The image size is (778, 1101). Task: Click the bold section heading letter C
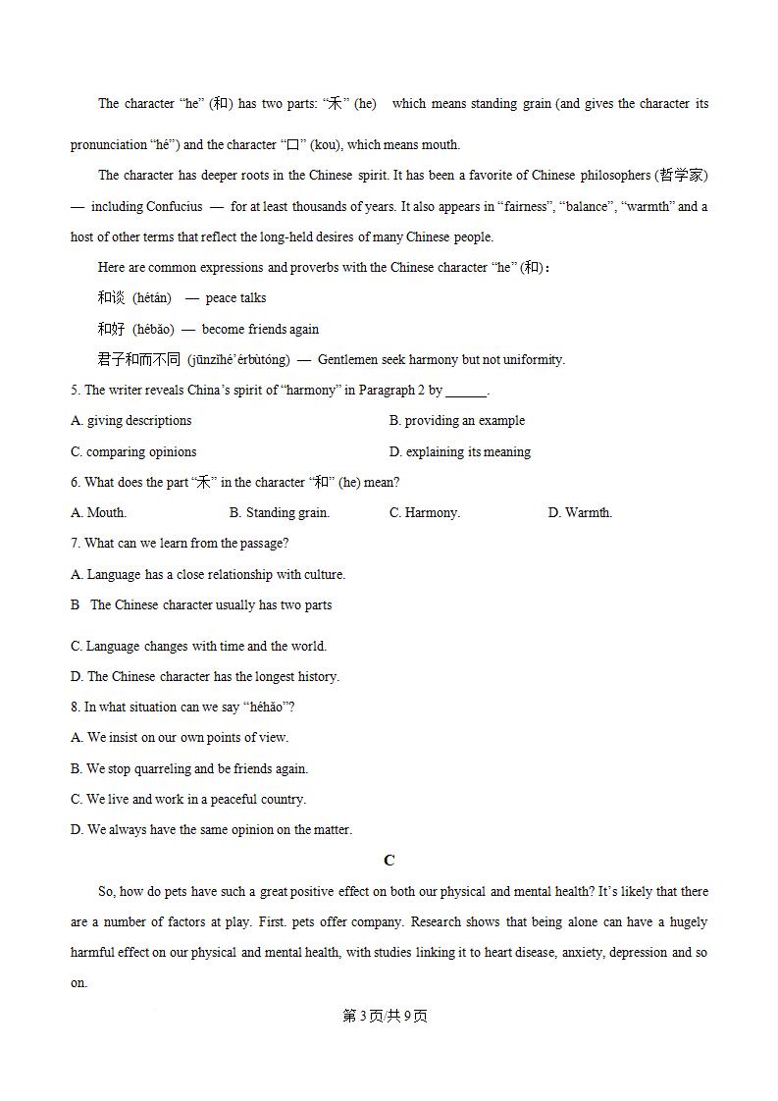pyautogui.click(x=389, y=861)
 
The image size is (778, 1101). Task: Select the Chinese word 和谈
pyautogui.click(x=111, y=297)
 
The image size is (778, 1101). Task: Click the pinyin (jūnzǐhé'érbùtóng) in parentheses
pyautogui.click(x=238, y=359)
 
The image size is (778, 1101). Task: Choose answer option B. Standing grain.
pyautogui.click(x=280, y=512)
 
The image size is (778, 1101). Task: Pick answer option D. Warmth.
pyautogui.click(x=580, y=512)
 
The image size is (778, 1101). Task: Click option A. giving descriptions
pyautogui.click(x=131, y=421)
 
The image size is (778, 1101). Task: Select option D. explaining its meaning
pyautogui.click(x=459, y=451)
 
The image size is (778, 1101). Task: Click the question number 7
pyautogui.click(x=75, y=543)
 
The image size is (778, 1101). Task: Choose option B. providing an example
pyautogui.click(x=456, y=421)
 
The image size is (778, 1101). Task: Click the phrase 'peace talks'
pyautogui.click(x=235, y=298)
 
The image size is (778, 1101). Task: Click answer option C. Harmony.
pyautogui.click(x=425, y=512)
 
